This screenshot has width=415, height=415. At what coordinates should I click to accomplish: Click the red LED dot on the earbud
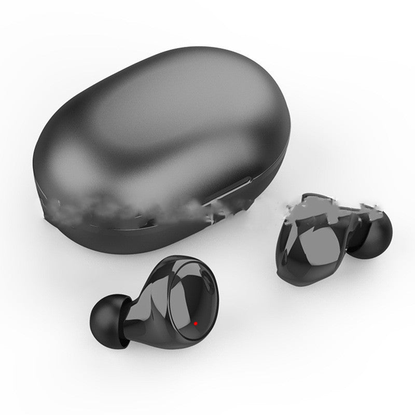(x=196, y=324)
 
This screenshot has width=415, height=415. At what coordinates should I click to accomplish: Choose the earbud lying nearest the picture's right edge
(x=332, y=244)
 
